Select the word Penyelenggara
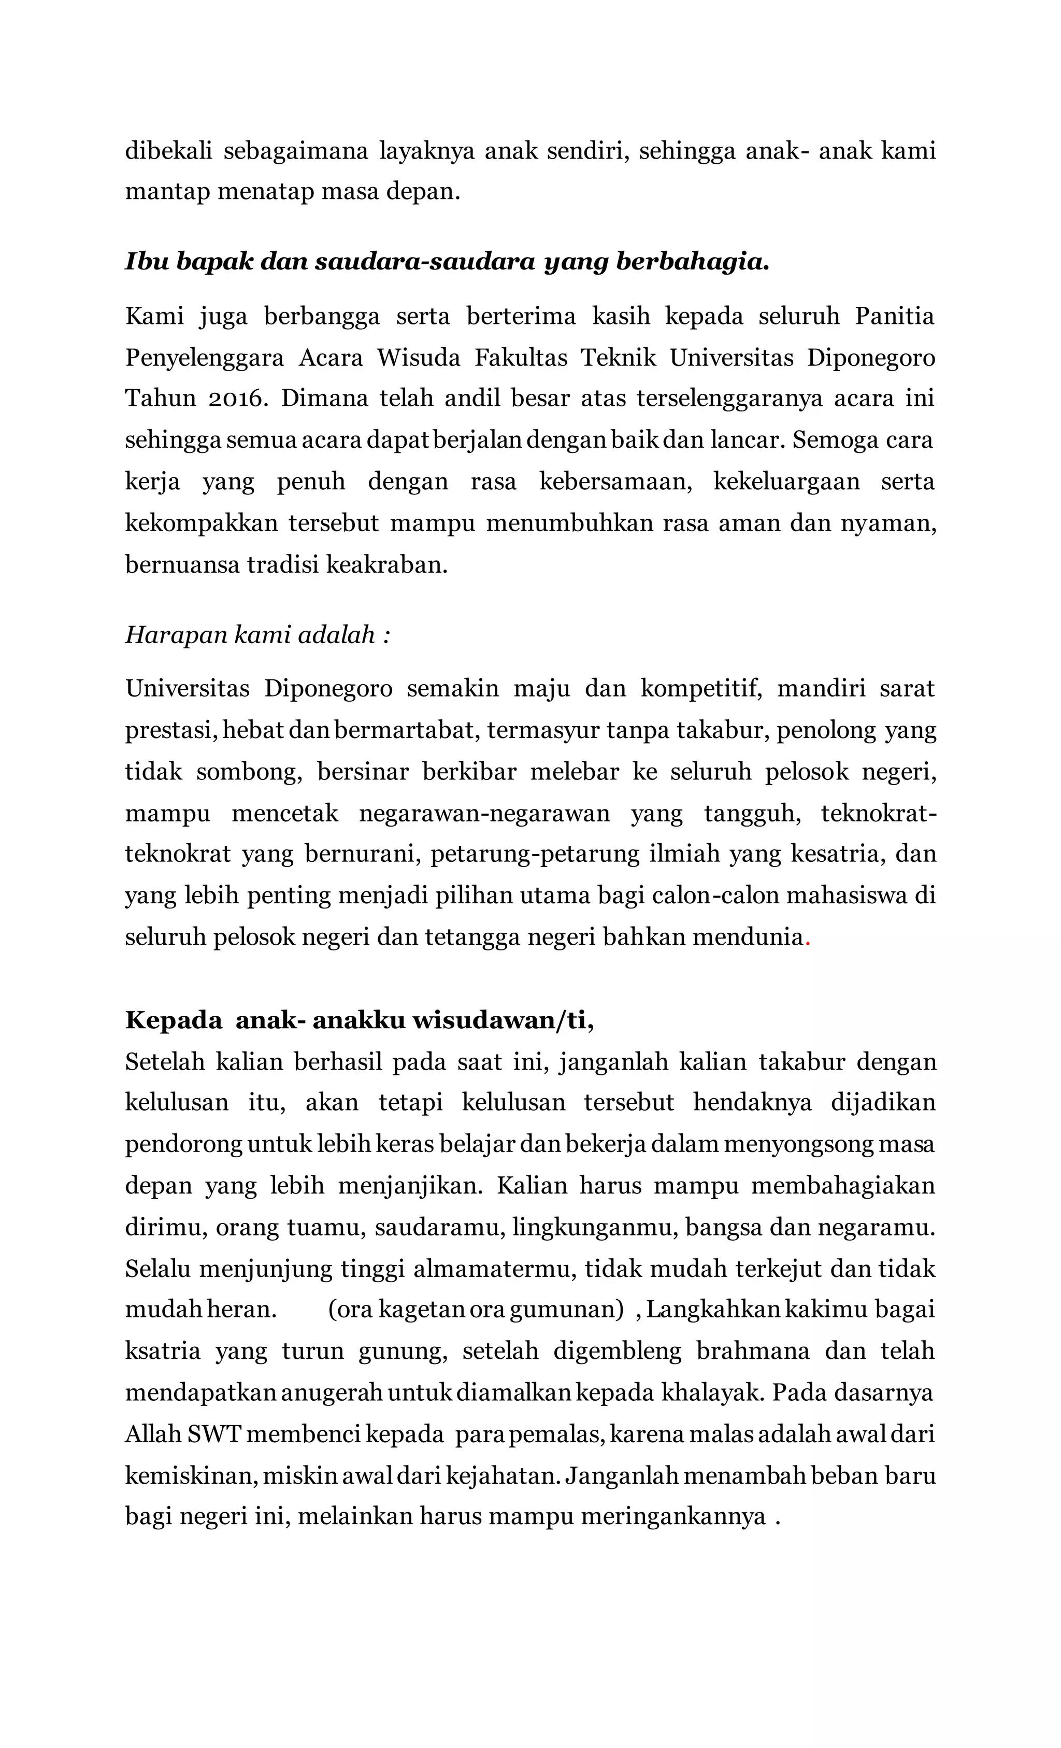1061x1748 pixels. coord(204,358)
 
